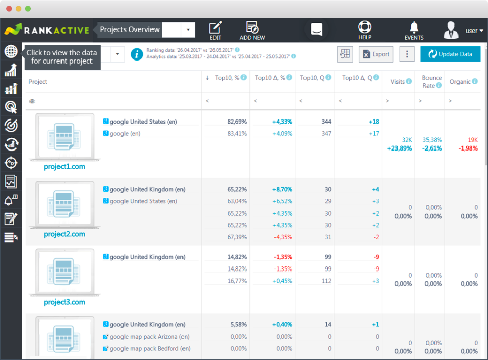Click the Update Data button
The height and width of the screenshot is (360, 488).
pos(450,54)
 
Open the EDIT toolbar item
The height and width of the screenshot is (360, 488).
pos(216,31)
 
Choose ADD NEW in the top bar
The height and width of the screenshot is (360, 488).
pos(252,31)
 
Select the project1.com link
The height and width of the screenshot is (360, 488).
pos(65,166)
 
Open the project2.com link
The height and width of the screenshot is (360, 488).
pos(65,234)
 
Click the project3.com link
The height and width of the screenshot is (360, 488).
pos(65,302)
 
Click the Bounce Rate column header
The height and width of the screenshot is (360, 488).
pos(432,82)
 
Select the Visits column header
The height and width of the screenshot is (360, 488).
pos(398,82)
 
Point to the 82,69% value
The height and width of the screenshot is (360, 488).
pos(237,122)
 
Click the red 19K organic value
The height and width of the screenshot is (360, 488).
pos(473,140)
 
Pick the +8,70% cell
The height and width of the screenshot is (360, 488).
pos(282,189)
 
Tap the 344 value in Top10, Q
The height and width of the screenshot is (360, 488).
pos(326,122)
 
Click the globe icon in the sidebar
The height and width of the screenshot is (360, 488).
pos(11,51)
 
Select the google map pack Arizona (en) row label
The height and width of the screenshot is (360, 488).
pos(149,337)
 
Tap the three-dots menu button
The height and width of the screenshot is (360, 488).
pos(407,54)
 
